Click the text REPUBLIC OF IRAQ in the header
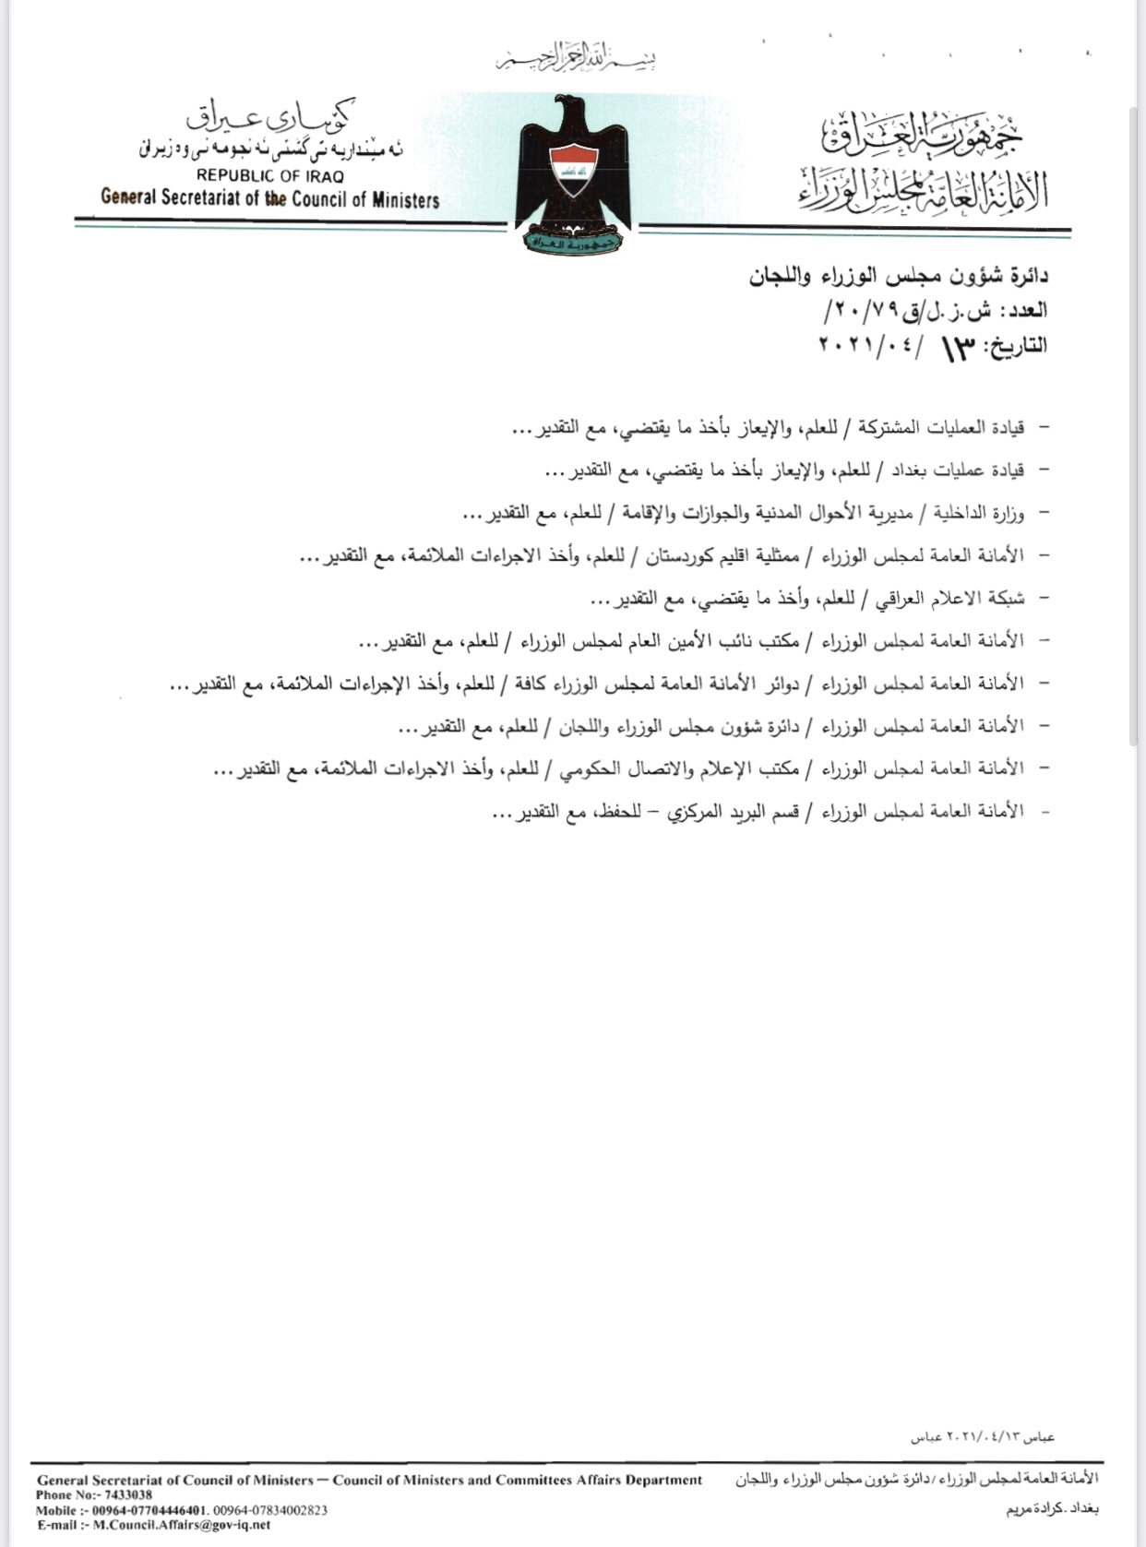click(269, 175)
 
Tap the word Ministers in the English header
click(405, 199)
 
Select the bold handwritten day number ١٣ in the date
click(958, 349)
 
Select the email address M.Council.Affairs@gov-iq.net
click(182, 1525)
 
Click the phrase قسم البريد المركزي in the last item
click(747, 812)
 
